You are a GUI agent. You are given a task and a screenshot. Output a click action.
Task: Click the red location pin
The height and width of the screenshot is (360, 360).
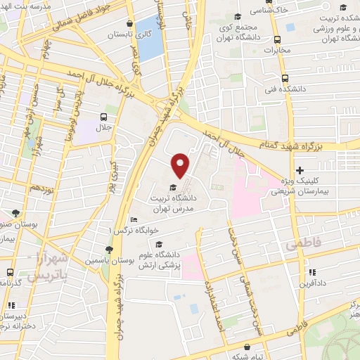click(181, 165)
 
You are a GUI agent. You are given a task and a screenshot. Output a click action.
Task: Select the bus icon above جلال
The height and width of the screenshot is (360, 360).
click(103, 117)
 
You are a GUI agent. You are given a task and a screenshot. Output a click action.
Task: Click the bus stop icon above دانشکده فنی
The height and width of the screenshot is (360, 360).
click(284, 78)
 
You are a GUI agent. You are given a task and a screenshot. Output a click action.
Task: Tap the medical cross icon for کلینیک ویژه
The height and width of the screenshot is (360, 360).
click(300, 170)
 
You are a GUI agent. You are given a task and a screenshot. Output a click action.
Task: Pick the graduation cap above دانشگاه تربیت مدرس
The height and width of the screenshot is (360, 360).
click(173, 187)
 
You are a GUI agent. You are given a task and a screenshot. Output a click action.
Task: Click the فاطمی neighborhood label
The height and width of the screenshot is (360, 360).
click(302, 245)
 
